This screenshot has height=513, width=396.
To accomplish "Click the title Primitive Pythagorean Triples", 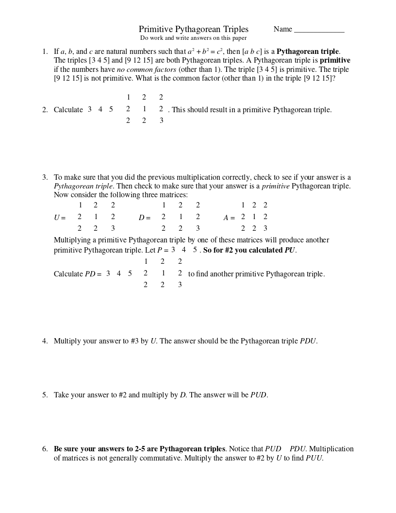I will pyautogui.click(x=193, y=30).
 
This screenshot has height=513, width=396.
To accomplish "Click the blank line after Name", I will pyautogui.click(x=319, y=30).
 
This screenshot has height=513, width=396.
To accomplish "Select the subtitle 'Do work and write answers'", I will pyautogui.click(x=193, y=38).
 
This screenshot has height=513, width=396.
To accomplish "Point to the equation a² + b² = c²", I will pyautogui.click(x=205, y=51).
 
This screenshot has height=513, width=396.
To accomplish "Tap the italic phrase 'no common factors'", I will pyautogui.click(x=147, y=69).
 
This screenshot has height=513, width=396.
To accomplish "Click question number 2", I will pyautogui.click(x=45, y=110).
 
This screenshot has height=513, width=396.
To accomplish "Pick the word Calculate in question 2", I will pyautogui.click(x=68, y=110).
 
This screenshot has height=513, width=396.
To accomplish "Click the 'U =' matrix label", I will pyautogui.click(x=60, y=218).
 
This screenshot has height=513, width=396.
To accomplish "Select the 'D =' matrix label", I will pyautogui.click(x=145, y=218).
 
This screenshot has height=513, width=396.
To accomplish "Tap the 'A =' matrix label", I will pyautogui.click(x=229, y=218).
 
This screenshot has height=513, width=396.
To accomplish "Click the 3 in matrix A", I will pyautogui.click(x=265, y=229).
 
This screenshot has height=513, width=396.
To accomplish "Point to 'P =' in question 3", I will pyautogui.click(x=163, y=251).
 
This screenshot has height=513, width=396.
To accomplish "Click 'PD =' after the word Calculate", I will pyautogui.click(x=93, y=274).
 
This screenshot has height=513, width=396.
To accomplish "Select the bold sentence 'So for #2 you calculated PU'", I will pyautogui.click(x=249, y=251).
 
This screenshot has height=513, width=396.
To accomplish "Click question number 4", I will pyautogui.click(x=45, y=342).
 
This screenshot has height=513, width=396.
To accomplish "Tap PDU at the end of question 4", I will pyautogui.click(x=308, y=342).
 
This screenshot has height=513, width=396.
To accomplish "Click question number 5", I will pyautogui.click(x=45, y=395).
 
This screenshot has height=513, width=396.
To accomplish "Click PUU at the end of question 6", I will pyautogui.click(x=314, y=458).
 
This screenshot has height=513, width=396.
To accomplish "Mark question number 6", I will pyautogui.click(x=45, y=449).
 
